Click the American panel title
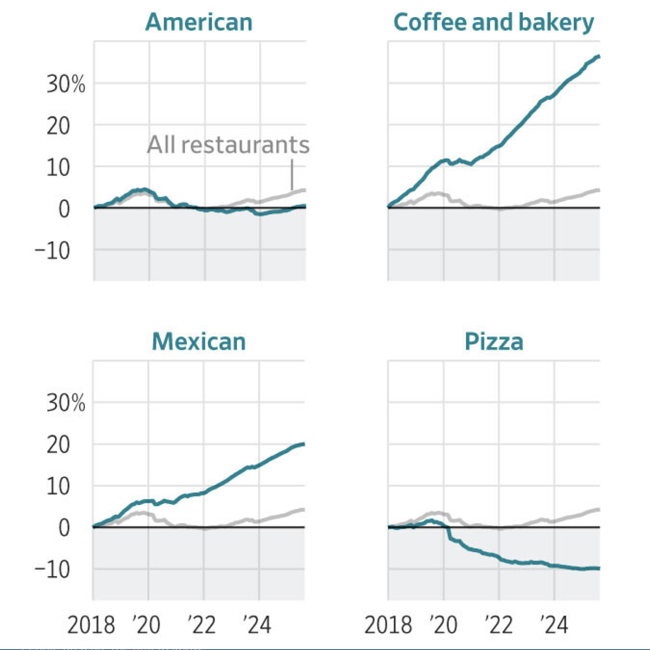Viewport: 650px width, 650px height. point(199,22)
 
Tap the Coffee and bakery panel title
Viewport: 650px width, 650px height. point(493,22)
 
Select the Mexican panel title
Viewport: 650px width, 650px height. point(199,341)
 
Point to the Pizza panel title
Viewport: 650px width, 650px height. point(494,341)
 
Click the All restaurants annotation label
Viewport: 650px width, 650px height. point(228,145)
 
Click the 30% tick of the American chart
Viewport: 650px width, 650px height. point(66,84)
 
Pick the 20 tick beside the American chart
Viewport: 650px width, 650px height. point(58,126)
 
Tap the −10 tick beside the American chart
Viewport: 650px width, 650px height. point(52,250)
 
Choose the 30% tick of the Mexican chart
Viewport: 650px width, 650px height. point(66,403)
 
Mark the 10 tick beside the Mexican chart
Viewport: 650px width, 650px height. point(58,486)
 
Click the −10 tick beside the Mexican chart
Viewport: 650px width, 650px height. point(52,569)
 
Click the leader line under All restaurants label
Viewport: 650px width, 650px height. point(292,175)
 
